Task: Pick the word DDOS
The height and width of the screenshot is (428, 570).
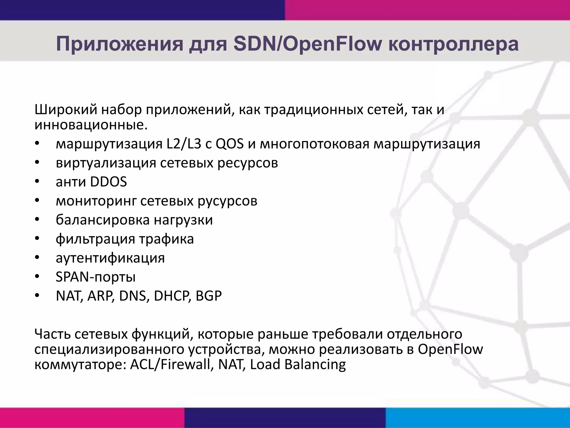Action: coord(109,182)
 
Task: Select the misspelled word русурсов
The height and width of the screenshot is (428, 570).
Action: coord(227,201)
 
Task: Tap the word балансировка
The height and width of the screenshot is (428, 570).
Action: coord(103,220)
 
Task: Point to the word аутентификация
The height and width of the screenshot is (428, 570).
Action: coord(110,258)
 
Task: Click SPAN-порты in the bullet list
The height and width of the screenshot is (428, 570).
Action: coord(96,277)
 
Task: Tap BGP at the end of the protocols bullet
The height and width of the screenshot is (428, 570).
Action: coord(208,296)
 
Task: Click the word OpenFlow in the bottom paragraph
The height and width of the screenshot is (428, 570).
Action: coord(450,349)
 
